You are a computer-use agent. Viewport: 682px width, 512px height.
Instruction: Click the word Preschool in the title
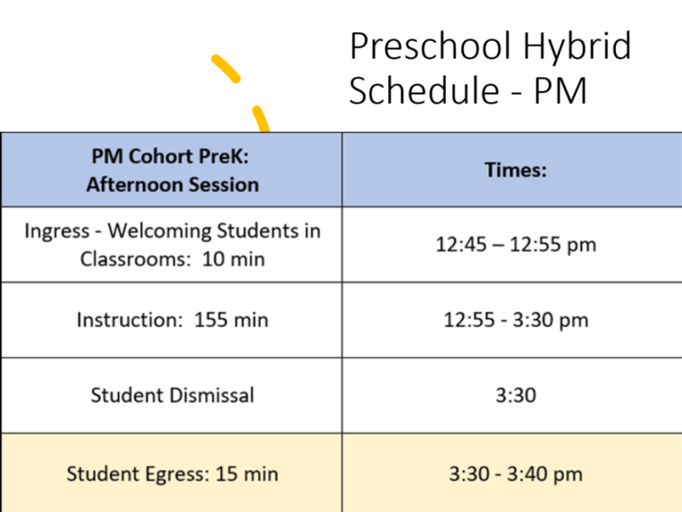430,46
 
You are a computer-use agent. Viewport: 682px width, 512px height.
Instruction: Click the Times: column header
515,169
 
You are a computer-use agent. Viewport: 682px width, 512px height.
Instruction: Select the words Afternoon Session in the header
173,185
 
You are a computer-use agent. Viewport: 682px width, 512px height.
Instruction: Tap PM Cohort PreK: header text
170,156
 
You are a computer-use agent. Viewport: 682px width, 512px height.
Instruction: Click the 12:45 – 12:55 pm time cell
516,245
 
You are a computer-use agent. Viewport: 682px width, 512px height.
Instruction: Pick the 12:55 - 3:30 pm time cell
516,320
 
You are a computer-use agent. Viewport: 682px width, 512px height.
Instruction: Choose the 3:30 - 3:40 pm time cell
516,474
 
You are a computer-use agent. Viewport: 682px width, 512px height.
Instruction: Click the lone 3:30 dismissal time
516,395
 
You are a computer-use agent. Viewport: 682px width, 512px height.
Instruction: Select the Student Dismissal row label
172,395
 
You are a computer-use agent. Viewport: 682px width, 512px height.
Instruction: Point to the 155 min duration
231,320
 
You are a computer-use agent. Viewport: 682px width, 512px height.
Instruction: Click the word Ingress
57,231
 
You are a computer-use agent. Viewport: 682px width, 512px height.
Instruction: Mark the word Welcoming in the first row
159,231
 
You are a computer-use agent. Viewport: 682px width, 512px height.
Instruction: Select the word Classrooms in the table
135,259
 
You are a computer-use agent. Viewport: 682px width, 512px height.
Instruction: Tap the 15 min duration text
247,474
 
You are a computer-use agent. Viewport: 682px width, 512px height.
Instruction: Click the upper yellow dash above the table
226,68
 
